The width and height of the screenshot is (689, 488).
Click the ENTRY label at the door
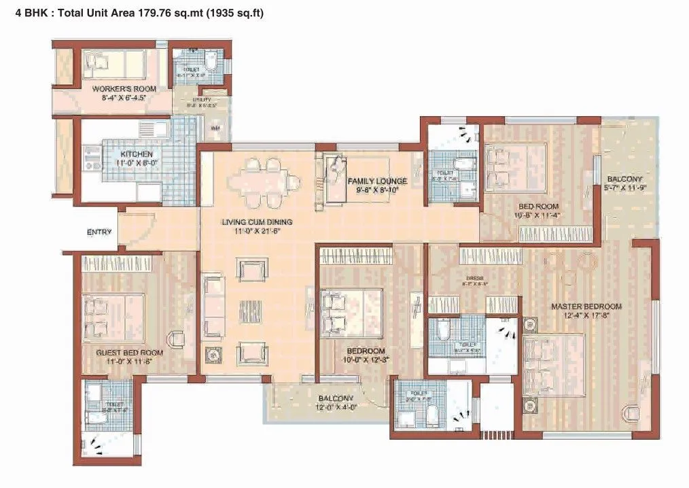pyautogui.click(x=99, y=232)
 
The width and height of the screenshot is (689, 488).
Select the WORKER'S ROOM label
pyautogui.click(x=124, y=89)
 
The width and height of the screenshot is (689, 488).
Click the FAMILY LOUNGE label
pyautogui.click(x=377, y=181)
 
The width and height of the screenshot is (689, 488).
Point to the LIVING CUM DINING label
pyautogui.click(x=258, y=222)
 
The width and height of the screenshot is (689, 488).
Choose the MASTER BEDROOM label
pyautogui.click(x=586, y=306)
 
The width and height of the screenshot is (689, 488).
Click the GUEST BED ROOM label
pyautogui.click(x=129, y=353)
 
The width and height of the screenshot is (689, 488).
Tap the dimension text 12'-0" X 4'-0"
pyautogui.click(x=336, y=408)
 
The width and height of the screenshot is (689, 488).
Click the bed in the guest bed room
pyautogui.click(x=113, y=317)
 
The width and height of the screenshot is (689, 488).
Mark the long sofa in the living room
pyautogui.click(x=213, y=306)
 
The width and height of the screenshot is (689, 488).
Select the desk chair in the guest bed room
pyautogui.click(x=176, y=338)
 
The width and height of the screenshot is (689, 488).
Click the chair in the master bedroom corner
pyautogui.click(x=631, y=412)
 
